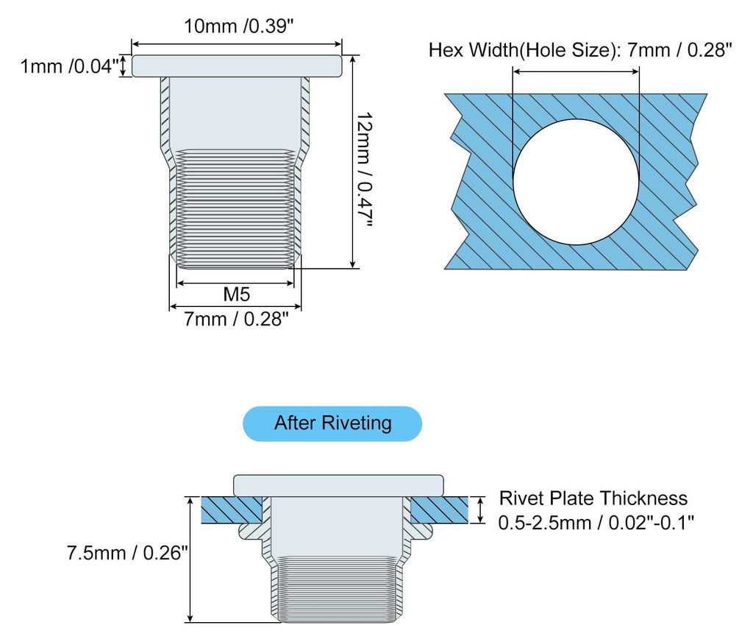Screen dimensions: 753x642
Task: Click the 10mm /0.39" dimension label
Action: point(238,26)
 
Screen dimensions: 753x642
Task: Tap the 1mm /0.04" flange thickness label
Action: point(69,66)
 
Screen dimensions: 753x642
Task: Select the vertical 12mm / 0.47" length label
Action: point(365,170)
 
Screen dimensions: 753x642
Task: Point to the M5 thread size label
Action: point(237,294)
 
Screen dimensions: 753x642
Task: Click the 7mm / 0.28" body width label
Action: point(236,319)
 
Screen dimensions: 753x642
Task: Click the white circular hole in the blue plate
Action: point(576,182)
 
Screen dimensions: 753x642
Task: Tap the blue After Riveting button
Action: point(332,423)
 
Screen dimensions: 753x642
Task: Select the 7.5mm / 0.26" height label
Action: point(126,553)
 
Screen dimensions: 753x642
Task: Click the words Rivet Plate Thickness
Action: point(593,498)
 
